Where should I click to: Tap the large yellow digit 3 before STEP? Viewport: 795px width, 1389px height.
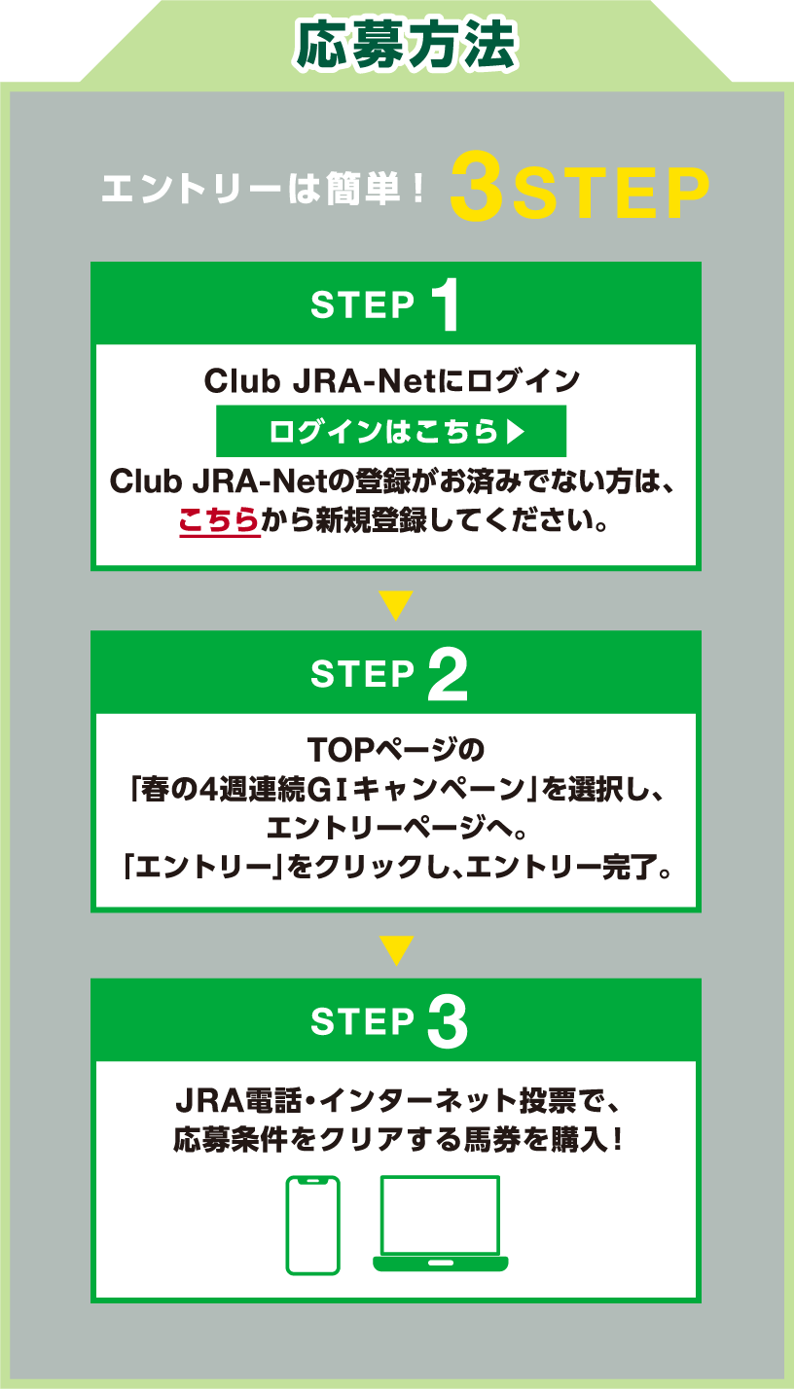tap(476, 193)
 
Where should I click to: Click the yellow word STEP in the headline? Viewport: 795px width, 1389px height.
tap(610, 195)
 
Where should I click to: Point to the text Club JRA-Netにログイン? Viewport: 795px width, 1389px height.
tap(392, 380)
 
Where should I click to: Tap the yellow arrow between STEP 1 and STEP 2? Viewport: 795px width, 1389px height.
tap(396, 606)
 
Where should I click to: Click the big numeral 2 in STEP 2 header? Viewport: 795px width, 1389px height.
tap(447, 674)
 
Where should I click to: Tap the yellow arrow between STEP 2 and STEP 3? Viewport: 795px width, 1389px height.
tap(396, 950)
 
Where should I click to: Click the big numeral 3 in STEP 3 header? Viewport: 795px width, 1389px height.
tap(447, 1021)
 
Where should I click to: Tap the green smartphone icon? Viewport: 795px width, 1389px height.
tap(312, 1225)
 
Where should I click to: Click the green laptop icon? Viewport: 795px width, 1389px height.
tap(440, 1223)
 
